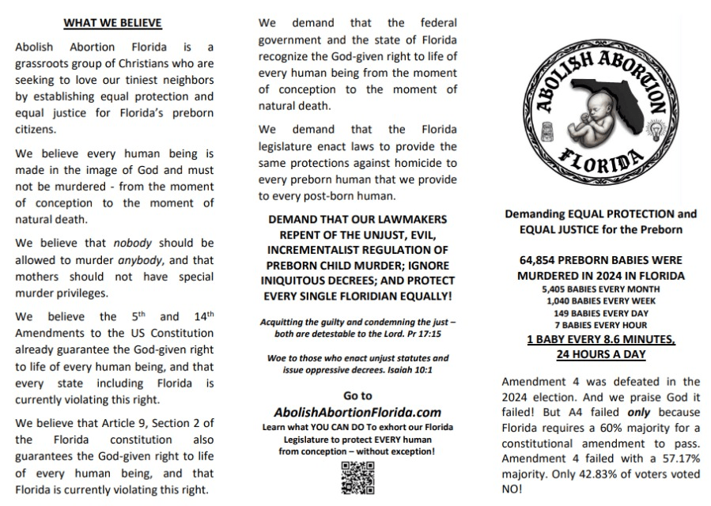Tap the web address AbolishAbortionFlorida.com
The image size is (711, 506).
tap(357, 412)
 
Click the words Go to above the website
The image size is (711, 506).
tap(357, 395)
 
